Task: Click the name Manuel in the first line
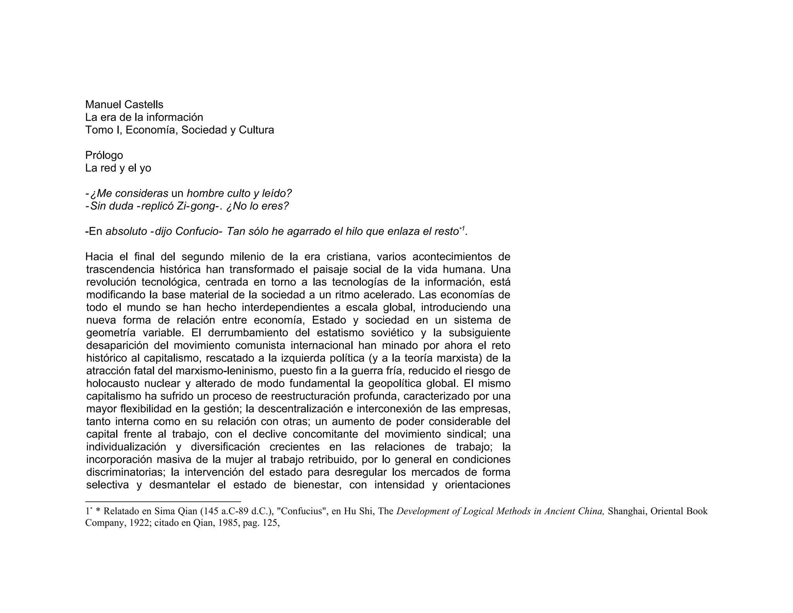101,105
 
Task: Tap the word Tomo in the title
98,130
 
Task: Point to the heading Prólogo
104,155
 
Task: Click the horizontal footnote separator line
163,501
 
